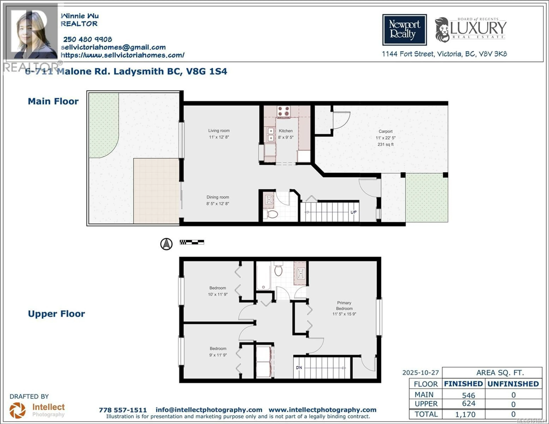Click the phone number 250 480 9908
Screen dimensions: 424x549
tap(87, 39)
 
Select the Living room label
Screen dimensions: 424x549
tap(219, 131)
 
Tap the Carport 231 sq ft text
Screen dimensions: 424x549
tap(385, 144)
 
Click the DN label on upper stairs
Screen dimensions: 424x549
tap(299, 368)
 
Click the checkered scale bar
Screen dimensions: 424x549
tap(192, 242)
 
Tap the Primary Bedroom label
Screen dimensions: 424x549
tap(344, 305)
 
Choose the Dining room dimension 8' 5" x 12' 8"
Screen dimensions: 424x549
tap(218, 203)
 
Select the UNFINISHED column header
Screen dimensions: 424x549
tap(513, 384)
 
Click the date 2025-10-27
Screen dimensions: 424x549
tap(421, 373)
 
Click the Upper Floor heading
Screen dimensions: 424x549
tap(56, 314)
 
